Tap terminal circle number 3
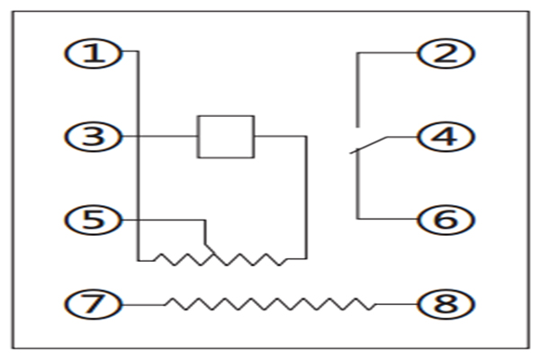coord(92,137)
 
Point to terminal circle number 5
coord(92,219)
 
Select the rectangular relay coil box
coord(226,137)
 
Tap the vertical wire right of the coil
coord(307,198)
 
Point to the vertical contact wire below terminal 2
coord(357,90)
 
